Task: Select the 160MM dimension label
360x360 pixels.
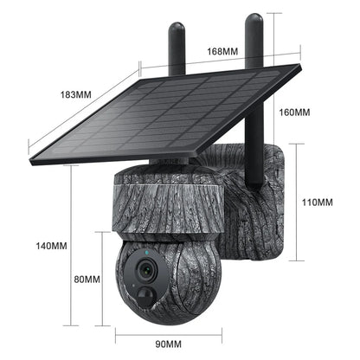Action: (295, 112)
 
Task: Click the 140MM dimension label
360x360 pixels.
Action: (53, 246)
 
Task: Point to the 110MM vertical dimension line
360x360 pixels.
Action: (299, 202)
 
